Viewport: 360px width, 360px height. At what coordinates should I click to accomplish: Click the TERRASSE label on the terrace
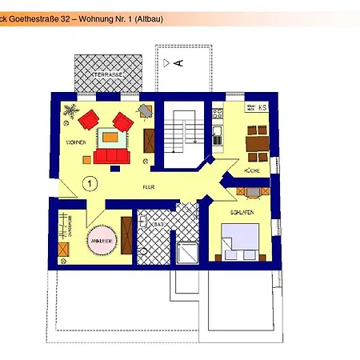pos(107,74)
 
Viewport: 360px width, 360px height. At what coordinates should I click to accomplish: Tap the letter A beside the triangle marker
pos(179,62)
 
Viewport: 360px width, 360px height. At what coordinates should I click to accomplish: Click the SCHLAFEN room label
pos(242,213)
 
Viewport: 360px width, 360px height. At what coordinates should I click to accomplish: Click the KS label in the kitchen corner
pos(262,106)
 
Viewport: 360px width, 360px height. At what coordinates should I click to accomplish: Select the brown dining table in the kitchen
pos(258,142)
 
